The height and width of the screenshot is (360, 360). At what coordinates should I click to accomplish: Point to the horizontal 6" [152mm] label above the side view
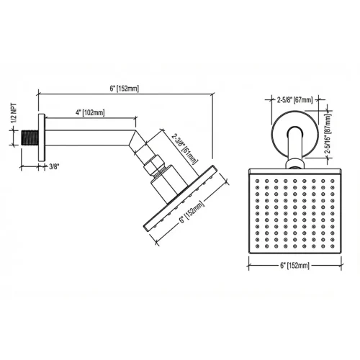tap(124, 88)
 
